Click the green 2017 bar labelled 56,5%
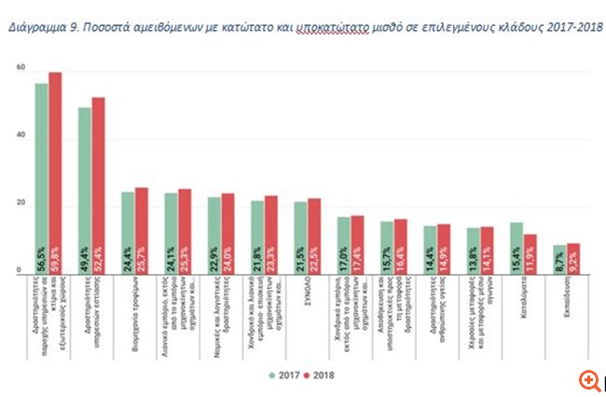(x=41, y=178)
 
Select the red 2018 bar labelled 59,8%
(x=55, y=172)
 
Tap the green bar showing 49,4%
(x=85, y=190)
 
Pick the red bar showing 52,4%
(x=98, y=185)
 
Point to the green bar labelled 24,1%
(x=171, y=233)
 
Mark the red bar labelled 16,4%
(x=401, y=247)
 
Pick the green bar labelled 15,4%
(x=516, y=248)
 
